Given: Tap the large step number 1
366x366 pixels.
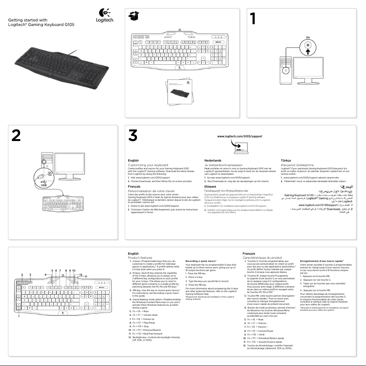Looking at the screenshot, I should click(x=255, y=20).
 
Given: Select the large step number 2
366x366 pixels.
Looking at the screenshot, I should click(x=16, y=136).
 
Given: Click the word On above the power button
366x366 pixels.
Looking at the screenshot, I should click(x=308, y=37).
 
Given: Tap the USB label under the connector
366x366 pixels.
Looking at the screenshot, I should click(x=43, y=185).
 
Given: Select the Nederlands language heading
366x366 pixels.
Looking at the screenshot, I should click(x=214, y=161).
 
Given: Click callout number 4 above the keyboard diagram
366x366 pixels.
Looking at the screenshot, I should click(x=45, y=274).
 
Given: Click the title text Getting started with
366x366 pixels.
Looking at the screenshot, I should click(x=27, y=20).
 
